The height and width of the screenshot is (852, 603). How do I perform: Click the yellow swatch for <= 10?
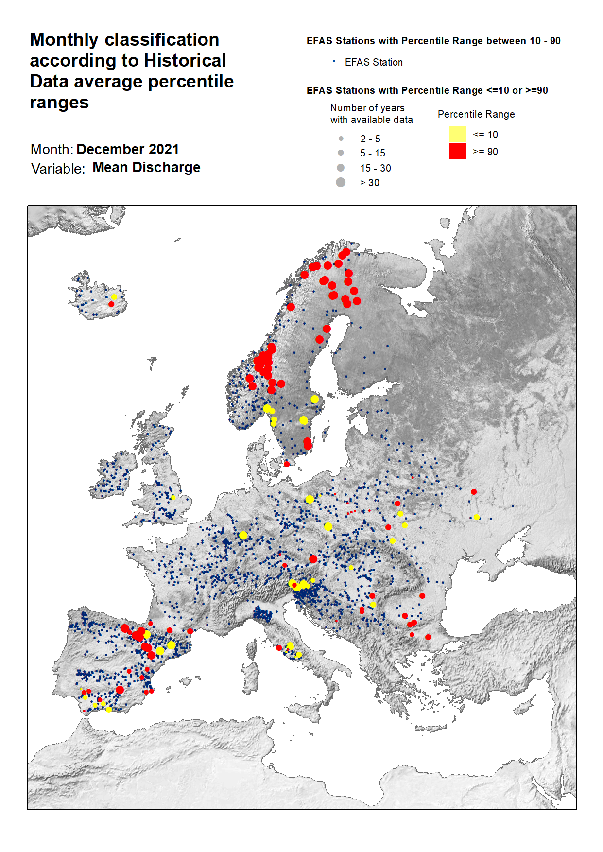[457, 134]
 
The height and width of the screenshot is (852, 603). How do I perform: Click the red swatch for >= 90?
[457, 151]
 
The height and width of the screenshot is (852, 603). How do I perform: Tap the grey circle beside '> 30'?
[341, 182]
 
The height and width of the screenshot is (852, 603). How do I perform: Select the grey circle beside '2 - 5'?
[341, 139]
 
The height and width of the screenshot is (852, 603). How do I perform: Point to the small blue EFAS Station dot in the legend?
[334, 61]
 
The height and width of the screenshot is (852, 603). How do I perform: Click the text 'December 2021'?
[128, 149]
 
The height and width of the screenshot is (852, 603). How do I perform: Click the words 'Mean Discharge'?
[146, 167]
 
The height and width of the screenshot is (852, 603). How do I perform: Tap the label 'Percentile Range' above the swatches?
[476, 114]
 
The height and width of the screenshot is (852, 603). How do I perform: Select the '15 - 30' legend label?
[375, 168]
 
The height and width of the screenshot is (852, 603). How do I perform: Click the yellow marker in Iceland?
[114, 297]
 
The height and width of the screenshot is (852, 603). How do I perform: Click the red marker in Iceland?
[111, 304]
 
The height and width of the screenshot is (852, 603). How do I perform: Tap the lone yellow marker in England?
[173, 498]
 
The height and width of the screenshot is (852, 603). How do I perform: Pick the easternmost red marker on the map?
[474, 492]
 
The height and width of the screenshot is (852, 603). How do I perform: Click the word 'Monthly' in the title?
[64, 40]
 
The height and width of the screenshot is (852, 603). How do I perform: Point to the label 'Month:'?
[52, 149]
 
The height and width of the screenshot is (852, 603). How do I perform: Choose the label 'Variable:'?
[58, 169]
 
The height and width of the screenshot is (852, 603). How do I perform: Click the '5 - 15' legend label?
[372, 153]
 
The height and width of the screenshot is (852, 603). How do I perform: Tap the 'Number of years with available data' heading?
[371, 114]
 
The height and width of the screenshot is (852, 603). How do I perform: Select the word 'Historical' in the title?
[185, 61]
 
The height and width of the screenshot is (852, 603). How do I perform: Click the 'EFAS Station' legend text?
[374, 62]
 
